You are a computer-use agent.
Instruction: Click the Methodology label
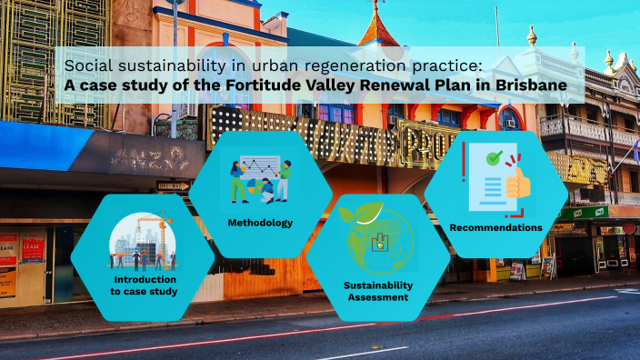click(x=260, y=223)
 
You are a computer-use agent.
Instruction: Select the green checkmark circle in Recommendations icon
click(x=494, y=158)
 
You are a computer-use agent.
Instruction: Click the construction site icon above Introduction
click(x=141, y=241)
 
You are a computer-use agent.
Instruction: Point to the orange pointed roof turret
click(x=374, y=27)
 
